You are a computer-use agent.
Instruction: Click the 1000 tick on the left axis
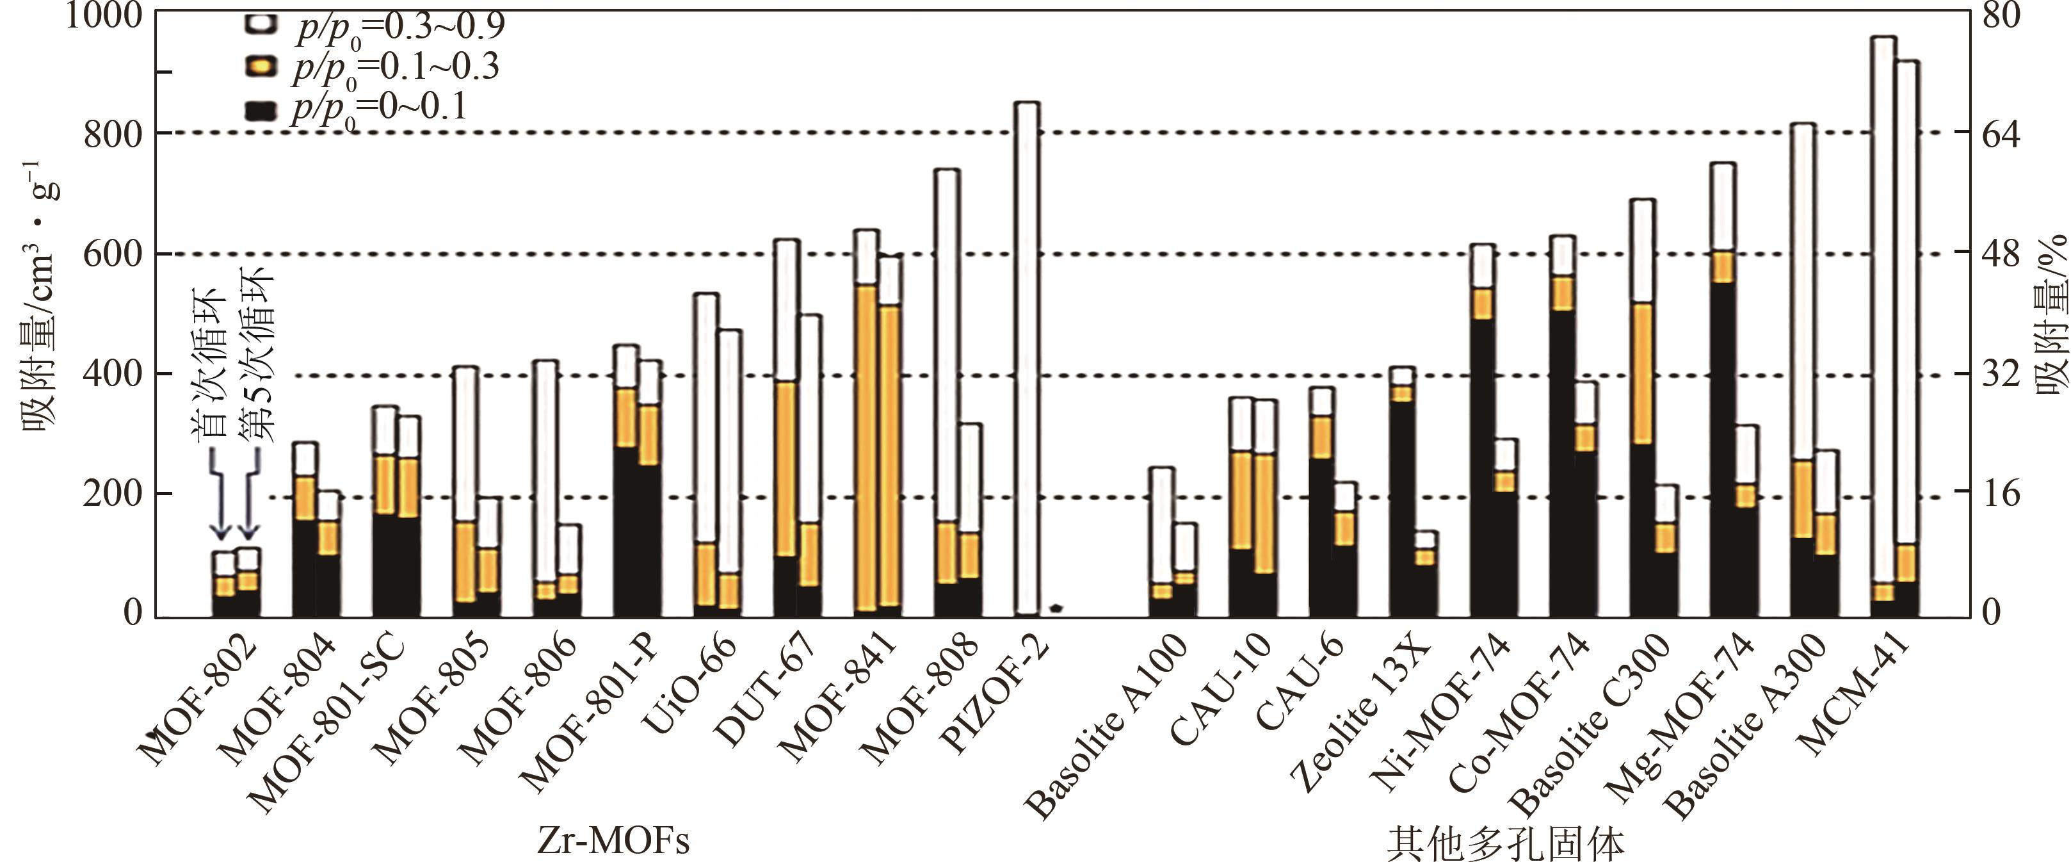coord(103,15)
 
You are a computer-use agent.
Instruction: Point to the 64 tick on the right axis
coord(2000,133)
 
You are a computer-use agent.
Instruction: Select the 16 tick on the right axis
coord(2000,494)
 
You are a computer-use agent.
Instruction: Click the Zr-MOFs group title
coord(613,841)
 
